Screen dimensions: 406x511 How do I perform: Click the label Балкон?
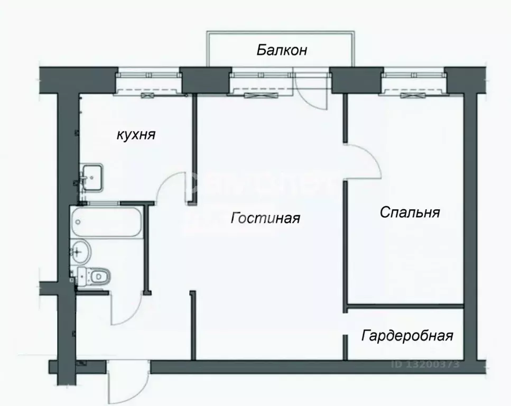(282, 51)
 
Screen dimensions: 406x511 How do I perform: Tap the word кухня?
(136, 135)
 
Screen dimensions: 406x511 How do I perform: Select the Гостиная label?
(266, 218)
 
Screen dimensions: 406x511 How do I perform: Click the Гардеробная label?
(407, 336)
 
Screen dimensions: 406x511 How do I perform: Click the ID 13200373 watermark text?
(425, 364)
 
